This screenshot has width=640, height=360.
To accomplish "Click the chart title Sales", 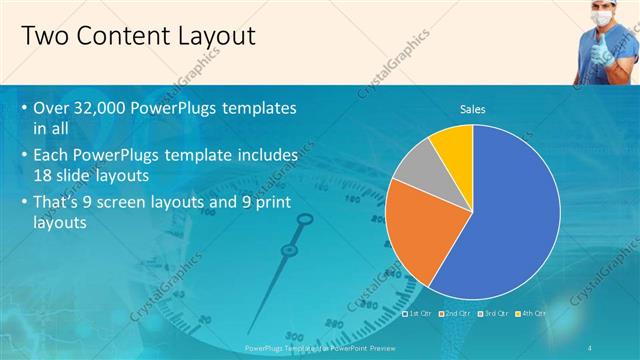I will [472, 110].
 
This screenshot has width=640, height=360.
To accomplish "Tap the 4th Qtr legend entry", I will [531, 313].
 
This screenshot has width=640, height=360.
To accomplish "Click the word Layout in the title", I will [212, 37].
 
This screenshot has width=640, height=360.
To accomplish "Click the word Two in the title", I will [44, 37].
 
